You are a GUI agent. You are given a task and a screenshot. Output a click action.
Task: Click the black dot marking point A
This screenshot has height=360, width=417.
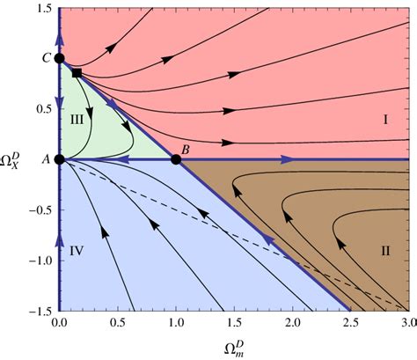point(59,159)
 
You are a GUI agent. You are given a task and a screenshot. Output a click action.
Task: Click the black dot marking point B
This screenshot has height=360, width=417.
point(176,159)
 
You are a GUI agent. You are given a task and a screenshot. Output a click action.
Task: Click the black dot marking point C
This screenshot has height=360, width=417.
point(59,59)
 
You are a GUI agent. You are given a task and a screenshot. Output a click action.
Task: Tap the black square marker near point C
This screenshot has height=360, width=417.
point(77,73)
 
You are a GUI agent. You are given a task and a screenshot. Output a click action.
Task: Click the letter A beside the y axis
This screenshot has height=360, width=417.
point(45,159)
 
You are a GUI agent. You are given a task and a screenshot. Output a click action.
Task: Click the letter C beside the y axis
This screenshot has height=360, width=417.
point(45,59)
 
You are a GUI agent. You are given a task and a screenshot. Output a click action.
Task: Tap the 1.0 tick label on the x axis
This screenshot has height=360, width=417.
point(176,325)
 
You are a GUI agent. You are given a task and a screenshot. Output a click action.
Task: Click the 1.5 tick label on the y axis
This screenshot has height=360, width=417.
point(40,9)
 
